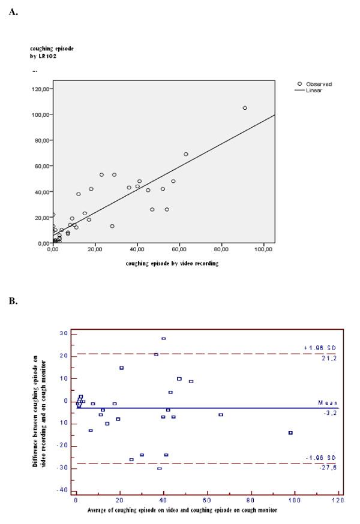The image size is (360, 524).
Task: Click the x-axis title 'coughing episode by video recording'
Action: click(x=172, y=263)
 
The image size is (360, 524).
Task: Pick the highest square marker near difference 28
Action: click(x=163, y=339)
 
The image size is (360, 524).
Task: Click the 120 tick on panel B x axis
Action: click(x=337, y=499)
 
